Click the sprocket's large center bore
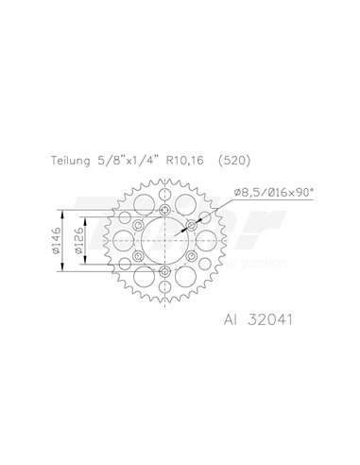click(x=165, y=241)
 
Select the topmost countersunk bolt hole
click(x=165, y=209)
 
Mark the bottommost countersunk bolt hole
click(x=165, y=273)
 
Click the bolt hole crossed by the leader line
click(x=193, y=225)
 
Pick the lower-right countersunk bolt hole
click(x=193, y=257)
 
